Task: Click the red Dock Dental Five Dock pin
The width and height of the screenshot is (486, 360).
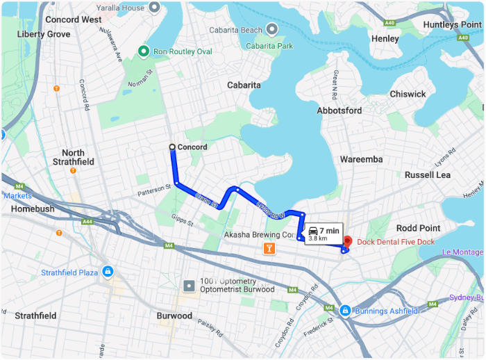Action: pyautogui.click(x=348, y=242)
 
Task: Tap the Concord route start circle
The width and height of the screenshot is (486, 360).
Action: pyautogui.click(x=172, y=147)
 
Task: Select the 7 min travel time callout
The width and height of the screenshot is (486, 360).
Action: pyautogui.click(x=324, y=234)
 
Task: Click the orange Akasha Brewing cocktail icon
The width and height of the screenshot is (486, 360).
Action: pyautogui.click(x=268, y=249)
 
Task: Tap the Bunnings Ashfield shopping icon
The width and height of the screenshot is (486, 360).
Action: pyautogui.click(x=345, y=310)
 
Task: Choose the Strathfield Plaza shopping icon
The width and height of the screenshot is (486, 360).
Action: pyautogui.click(x=108, y=272)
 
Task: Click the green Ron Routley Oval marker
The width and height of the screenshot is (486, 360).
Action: pyautogui.click(x=144, y=51)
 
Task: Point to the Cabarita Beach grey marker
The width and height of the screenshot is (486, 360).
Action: pyautogui.click(x=273, y=29)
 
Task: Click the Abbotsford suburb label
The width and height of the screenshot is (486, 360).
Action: pyautogui.click(x=339, y=111)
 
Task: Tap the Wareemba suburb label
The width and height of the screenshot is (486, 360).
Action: pyautogui.click(x=361, y=159)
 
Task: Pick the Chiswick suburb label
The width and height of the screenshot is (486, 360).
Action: pyautogui.click(x=408, y=94)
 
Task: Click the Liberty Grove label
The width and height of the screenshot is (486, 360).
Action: pyautogui.click(x=44, y=34)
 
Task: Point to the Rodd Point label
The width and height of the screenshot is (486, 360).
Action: pyautogui.click(x=418, y=228)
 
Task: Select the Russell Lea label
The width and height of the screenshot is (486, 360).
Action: pyautogui.click(x=428, y=174)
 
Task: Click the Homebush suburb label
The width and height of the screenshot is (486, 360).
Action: pyautogui.click(x=32, y=208)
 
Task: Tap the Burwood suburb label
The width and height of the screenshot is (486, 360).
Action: pyautogui.click(x=174, y=316)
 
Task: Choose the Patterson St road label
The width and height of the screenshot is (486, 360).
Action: pyautogui.click(x=153, y=188)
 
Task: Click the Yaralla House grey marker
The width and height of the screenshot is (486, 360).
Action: pyautogui.click(x=155, y=7)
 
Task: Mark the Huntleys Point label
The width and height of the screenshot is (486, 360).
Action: pyautogui.click(x=452, y=24)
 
